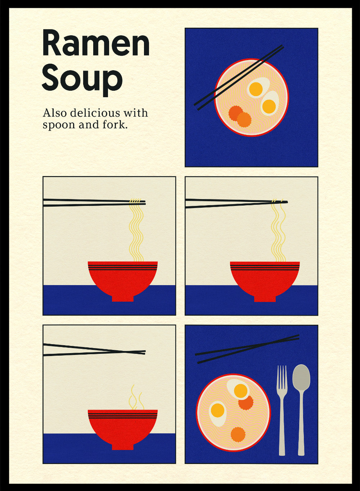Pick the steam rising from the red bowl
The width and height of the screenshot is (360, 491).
click(x=136, y=397)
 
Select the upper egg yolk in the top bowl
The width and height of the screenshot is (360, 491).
click(x=256, y=89)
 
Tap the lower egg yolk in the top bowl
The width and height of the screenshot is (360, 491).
click(x=269, y=106)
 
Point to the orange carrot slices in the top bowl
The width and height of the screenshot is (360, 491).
click(x=240, y=116)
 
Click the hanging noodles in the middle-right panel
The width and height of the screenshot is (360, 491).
click(x=278, y=232)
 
